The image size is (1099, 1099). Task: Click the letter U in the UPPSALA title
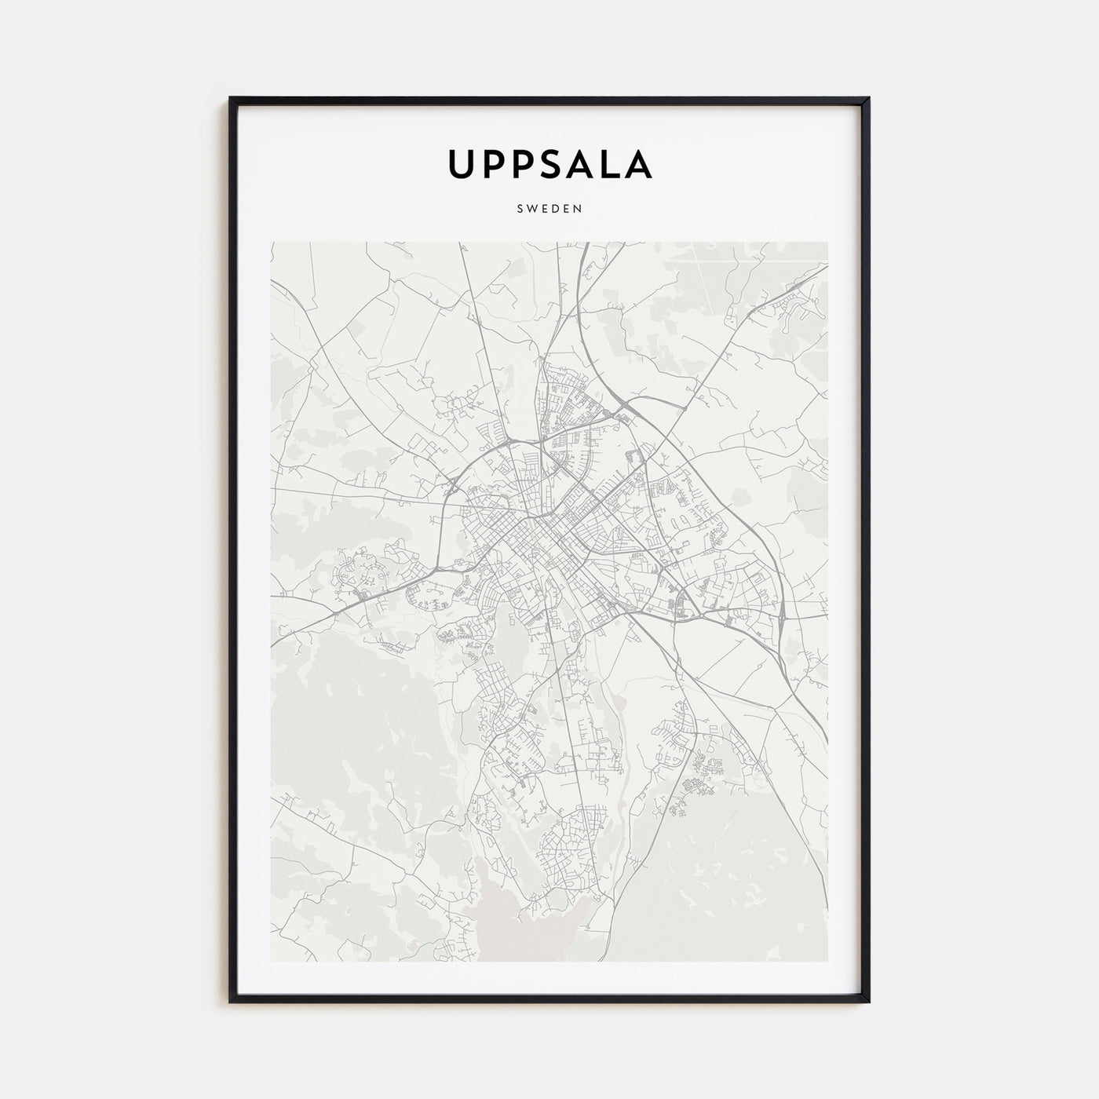pos(462,163)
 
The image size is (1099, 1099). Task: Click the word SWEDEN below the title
pos(549,210)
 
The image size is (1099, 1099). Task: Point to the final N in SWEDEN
pos(578,210)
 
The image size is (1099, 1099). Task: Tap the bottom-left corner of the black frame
pos(231,1001)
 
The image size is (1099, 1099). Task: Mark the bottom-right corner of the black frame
pos(869,1001)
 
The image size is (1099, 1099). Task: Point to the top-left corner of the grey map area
pos(272,243)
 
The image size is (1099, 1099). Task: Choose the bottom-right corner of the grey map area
pos(827,961)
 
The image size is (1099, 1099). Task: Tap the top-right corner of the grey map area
pos(827,243)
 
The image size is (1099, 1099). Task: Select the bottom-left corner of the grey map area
pos(272,961)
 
